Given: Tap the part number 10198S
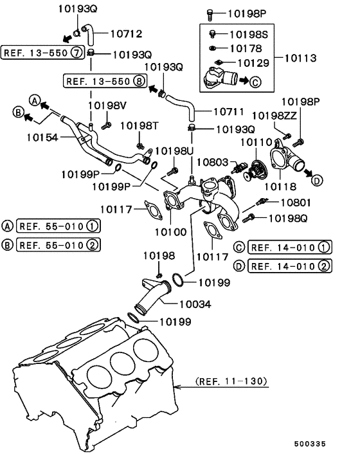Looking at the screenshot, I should click(245, 33).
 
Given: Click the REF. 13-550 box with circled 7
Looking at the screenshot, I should click(41, 53).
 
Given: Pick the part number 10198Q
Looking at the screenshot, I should click(287, 219).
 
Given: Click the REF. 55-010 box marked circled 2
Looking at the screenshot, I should click(57, 244).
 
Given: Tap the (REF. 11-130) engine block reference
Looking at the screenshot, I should click(229, 381).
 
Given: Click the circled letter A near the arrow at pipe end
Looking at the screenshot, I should click(35, 100).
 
